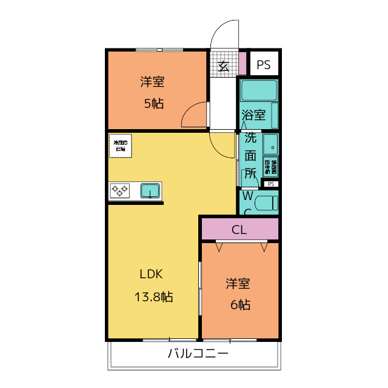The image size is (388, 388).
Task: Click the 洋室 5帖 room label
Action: click(153, 92)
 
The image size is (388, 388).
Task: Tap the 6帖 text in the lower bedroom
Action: click(239, 304)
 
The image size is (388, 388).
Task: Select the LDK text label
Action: click(152, 273)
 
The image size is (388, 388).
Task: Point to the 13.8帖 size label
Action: click(153, 297)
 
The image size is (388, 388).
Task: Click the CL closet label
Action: click(239, 230)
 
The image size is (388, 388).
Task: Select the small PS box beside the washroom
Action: click(270, 184)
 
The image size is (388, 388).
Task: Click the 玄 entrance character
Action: click(223, 66)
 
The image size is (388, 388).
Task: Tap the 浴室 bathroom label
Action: click(253, 115)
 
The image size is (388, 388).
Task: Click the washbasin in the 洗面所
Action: click(271, 146)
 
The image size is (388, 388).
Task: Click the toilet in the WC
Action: click(266, 202)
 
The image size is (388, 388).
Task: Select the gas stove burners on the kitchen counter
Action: click(120, 191)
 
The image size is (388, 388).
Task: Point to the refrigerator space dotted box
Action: click(121, 145)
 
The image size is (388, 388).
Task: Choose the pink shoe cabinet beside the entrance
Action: click(242, 64)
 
